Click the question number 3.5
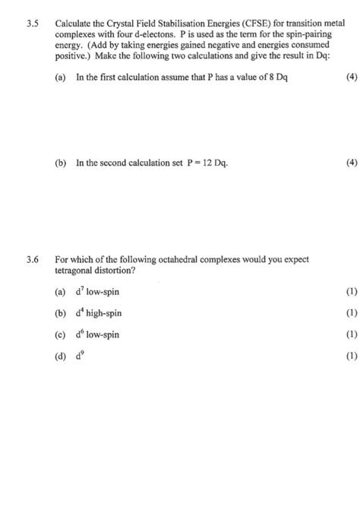point(33,24)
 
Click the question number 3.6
point(33,259)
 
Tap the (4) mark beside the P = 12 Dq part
point(339,162)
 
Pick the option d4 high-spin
point(99,313)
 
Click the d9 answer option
point(81,356)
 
